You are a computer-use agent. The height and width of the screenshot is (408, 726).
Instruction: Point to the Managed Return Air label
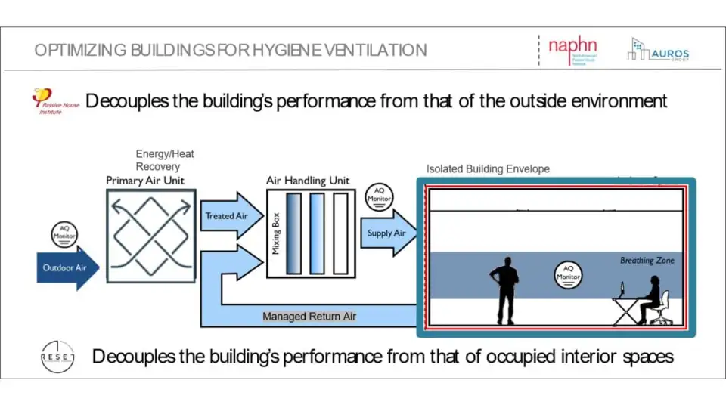[x=309, y=316]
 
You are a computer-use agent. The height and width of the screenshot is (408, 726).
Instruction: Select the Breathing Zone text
[x=647, y=261]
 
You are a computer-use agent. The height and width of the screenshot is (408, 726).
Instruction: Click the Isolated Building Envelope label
[x=488, y=168]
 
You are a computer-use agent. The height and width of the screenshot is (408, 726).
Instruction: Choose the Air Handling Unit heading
[x=308, y=181]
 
